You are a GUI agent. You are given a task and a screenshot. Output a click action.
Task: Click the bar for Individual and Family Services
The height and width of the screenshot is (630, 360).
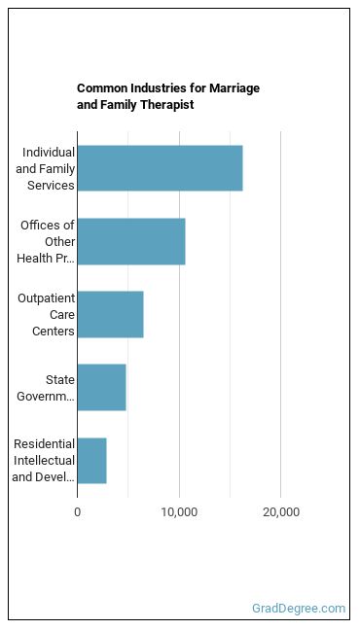click(161, 168)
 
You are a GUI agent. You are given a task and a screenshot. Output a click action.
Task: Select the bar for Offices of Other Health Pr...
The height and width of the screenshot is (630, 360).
click(131, 241)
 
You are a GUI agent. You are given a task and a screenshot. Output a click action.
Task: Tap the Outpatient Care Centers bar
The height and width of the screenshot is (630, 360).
click(111, 315)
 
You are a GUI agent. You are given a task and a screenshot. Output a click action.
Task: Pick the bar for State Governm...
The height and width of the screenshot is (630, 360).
click(102, 388)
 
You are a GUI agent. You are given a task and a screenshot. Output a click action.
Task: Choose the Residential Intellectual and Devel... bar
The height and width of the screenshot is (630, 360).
click(92, 461)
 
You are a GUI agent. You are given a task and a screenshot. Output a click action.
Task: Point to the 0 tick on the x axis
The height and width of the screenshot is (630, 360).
click(78, 512)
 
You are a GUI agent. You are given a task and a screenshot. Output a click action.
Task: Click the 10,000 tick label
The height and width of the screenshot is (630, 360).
click(179, 512)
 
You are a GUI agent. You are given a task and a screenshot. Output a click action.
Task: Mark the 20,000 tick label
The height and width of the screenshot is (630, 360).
click(281, 512)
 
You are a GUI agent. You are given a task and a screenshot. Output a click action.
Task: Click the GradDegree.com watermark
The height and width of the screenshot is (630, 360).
click(299, 609)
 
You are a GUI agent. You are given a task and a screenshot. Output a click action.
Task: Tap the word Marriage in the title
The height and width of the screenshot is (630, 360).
click(234, 88)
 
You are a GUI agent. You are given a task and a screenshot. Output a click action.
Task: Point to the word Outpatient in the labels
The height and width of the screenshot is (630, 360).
click(47, 298)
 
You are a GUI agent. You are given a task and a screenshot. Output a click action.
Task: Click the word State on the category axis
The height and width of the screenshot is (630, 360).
click(60, 379)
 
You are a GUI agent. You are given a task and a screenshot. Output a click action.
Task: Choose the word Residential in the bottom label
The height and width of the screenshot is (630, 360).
click(44, 444)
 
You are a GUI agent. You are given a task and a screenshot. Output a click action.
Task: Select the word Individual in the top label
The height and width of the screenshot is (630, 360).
click(49, 153)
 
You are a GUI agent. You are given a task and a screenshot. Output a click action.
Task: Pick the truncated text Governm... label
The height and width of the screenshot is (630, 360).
click(46, 396)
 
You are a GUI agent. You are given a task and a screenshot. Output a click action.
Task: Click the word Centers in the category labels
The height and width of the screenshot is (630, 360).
click(54, 332)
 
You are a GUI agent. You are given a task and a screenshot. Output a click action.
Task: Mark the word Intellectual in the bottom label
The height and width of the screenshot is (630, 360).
click(44, 461)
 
